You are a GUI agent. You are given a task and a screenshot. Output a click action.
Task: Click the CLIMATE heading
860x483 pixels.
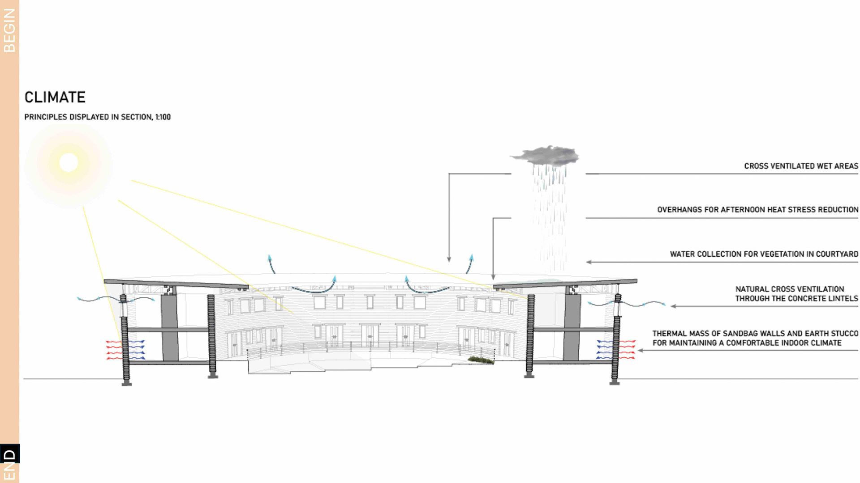55,97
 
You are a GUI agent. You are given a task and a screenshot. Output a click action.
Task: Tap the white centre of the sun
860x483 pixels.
69,162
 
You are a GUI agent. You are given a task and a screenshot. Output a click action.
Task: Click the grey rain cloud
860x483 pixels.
546,155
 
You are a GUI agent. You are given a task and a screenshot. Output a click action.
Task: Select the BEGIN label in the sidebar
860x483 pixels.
9,30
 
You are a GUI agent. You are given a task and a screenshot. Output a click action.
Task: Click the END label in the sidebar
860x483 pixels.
9,465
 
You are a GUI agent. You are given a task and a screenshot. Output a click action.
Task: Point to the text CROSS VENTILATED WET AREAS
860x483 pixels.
801,166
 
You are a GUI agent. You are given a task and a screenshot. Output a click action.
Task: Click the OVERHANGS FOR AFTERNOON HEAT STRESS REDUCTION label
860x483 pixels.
757,210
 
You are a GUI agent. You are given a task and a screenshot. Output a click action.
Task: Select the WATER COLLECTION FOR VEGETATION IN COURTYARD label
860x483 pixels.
764,254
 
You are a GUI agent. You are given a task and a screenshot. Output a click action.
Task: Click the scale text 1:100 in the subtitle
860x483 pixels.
163,117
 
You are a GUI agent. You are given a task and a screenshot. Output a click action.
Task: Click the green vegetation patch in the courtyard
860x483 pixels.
481,360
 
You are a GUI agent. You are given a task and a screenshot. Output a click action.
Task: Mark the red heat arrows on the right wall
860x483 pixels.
627,349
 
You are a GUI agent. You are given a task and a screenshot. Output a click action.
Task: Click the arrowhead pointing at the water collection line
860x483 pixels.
589,262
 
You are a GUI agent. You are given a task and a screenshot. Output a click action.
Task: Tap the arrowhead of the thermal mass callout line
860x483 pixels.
641,351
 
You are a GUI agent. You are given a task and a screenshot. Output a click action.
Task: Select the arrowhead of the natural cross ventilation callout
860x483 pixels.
673,306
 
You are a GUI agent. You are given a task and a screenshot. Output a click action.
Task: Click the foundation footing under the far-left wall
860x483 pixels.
127,383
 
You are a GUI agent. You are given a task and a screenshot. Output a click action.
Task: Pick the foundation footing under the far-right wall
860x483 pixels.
615,382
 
